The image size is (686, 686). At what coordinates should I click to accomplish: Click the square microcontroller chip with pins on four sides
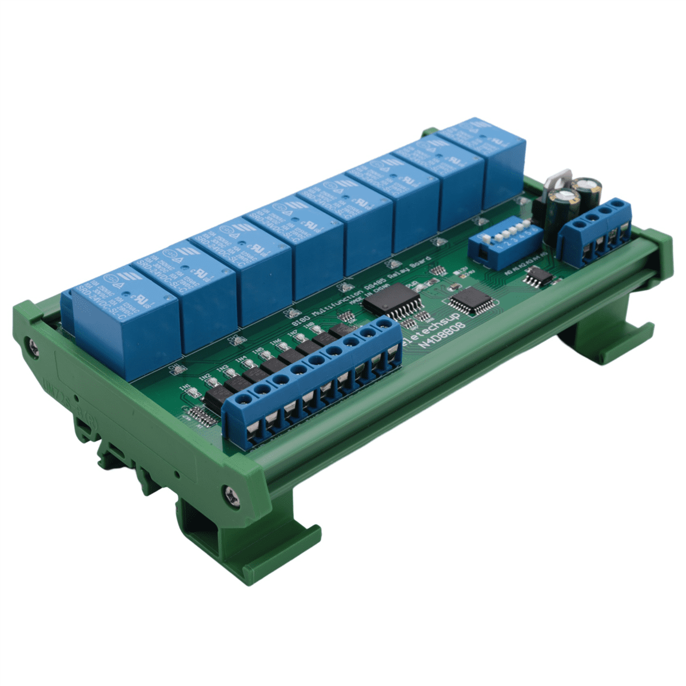[472, 300]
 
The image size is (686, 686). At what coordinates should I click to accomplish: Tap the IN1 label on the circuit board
[185, 389]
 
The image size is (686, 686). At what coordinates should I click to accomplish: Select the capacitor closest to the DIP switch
[563, 209]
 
